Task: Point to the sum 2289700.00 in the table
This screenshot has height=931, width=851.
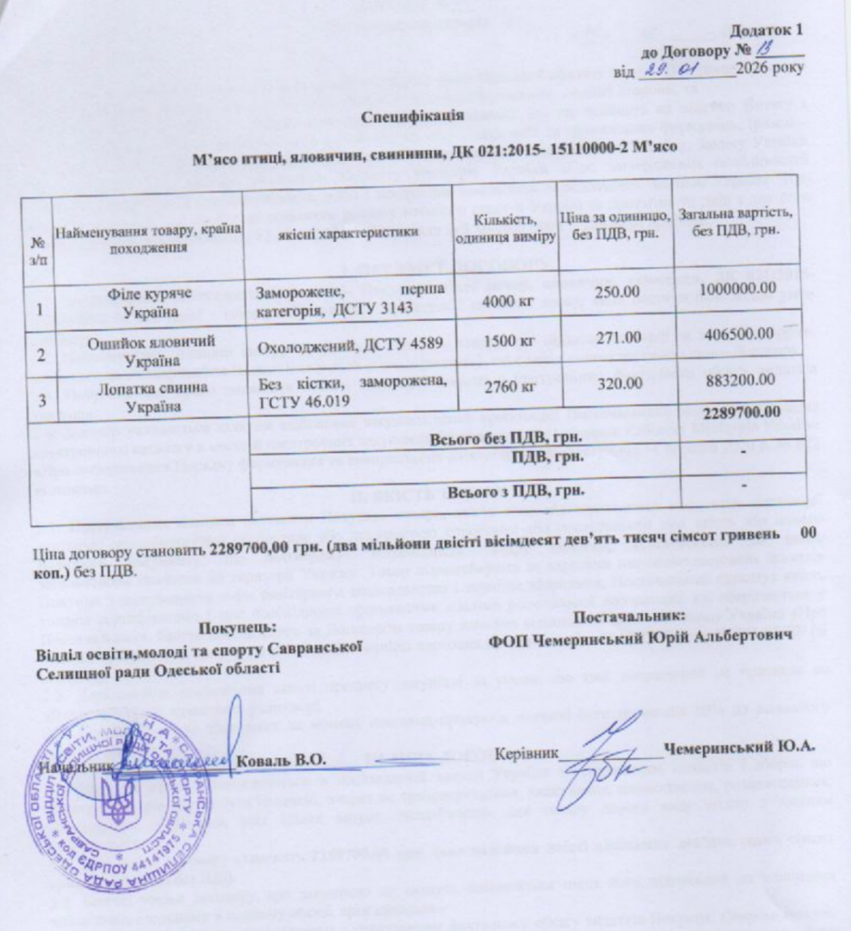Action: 739,412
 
